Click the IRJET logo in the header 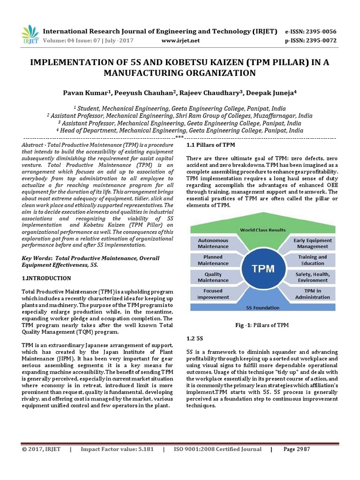click(x=30, y=35)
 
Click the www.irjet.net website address click(x=180, y=41)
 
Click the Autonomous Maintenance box click(x=213, y=243)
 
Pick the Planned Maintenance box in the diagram click(x=213, y=260)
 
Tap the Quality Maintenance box click(x=213, y=277)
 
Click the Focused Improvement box click(x=213, y=294)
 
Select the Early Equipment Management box click(x=313, y=243)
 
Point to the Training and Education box click(x=313, y=260)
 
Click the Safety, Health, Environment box click(x=313, y=277)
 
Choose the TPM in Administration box click(x=313, y=294)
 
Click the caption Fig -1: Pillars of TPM click(x=262, y=325)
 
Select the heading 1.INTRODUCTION click(x=46, y=278)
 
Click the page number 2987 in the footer click(x=297, y=449)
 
